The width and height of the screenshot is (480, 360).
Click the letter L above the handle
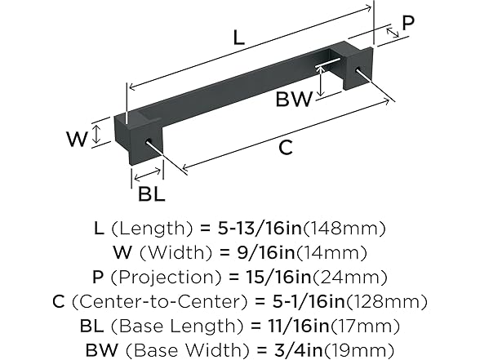coord(238,37)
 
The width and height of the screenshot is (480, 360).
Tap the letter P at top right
coord(408,24)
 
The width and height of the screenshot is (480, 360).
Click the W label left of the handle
coord(76,138)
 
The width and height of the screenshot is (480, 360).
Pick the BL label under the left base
coord(152,193)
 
